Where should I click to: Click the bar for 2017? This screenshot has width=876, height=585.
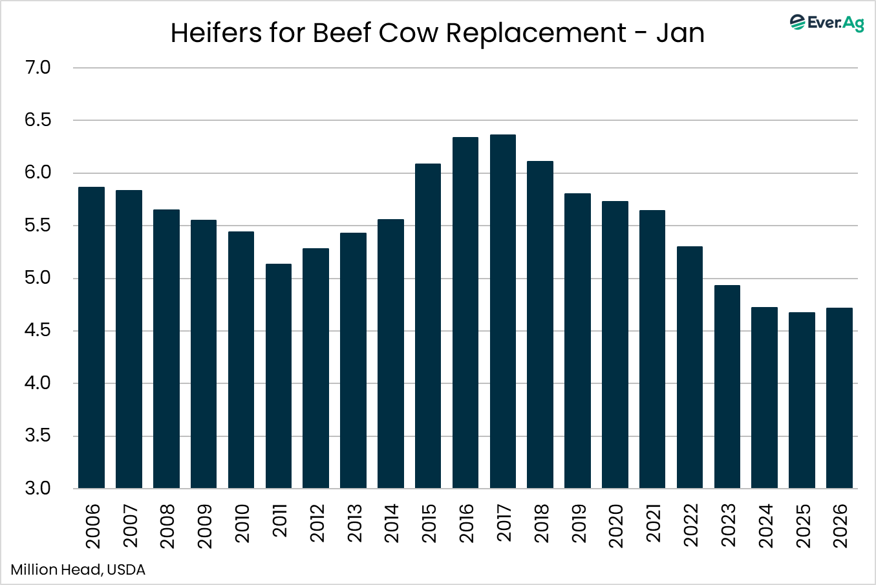(x=503, y=311)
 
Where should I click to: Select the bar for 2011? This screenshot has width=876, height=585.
(x=279, y=376)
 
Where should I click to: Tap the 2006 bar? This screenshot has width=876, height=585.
(x=91, y=337)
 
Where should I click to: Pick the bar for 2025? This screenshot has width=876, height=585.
(x=802, y=400)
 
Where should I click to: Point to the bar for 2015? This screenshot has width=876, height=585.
(x=428, y=326)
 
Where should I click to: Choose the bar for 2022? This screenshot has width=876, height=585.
(x=690, y=367)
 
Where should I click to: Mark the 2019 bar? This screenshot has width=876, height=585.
(x=577, y=341)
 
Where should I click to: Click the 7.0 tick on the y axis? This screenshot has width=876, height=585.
(x=37, y=68)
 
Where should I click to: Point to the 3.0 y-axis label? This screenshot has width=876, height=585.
(x=37, y=488)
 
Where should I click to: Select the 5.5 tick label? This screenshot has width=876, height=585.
(x=37, y=226)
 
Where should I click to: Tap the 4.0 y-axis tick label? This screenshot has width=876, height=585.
(x=37, y=383)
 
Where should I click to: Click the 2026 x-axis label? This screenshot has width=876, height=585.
(x=840, y=526)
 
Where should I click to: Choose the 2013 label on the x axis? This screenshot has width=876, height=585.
(x=354, y=526)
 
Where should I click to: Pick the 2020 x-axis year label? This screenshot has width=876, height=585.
(x=615, y=526)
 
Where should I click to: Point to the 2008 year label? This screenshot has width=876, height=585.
(x=167, y=526)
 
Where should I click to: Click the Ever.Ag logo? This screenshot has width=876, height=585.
(x=827, y=23)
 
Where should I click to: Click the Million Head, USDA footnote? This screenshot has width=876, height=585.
(x=78, y=569)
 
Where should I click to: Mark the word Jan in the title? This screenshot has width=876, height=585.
(x=680, y=33)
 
